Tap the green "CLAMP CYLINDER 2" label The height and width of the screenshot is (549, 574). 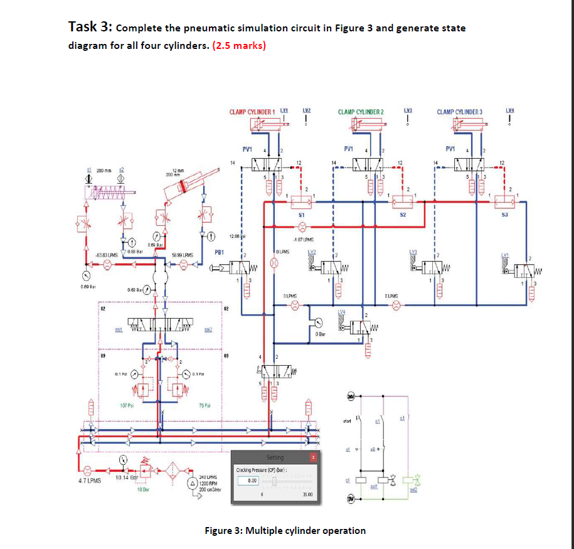tap(361, 112)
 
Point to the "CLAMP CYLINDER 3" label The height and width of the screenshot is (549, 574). tap(460, 112)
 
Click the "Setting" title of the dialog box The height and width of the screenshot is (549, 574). tap(275, 458)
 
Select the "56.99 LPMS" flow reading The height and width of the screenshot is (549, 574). tap(182, 255)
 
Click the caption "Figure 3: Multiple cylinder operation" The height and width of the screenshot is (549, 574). tap(285, 530)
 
